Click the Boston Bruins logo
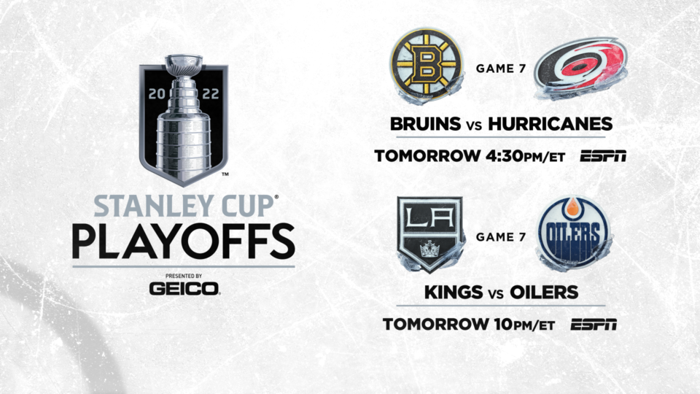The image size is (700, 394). click(x=427, y=65)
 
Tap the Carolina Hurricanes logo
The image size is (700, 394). click(x=581, y=68)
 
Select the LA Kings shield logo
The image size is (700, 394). click(x=430, y=234)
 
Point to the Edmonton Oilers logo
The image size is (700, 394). click(x=574, y=233)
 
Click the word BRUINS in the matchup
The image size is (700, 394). click(x=425, y=124)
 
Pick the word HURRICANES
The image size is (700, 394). click(x=550, y=124)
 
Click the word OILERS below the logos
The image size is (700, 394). click(x=544, y=292)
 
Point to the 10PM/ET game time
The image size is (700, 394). click(x=524, y=324)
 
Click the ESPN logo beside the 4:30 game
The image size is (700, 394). click(x=603, y=156)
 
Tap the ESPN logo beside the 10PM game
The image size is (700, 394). click(x=594, y=324)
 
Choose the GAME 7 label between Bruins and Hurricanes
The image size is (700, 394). click(x=500, y=69)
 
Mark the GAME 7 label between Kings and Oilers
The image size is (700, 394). click(x=500, y=236)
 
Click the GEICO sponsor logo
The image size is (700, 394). click(x=184, y=289)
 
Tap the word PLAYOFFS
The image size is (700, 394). click(x=184, y=242)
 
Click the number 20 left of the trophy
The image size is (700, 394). click(x=157, y=94)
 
